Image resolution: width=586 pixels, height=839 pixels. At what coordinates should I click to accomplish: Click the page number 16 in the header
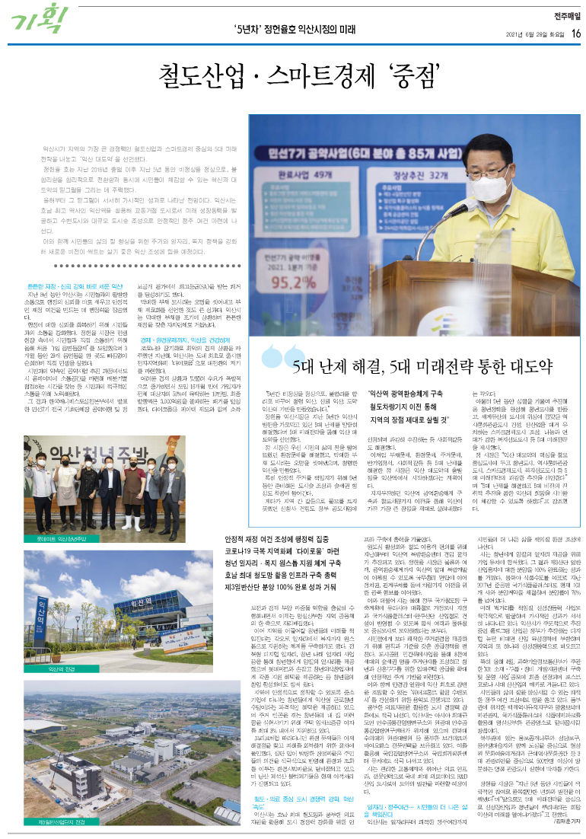point(577,33)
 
